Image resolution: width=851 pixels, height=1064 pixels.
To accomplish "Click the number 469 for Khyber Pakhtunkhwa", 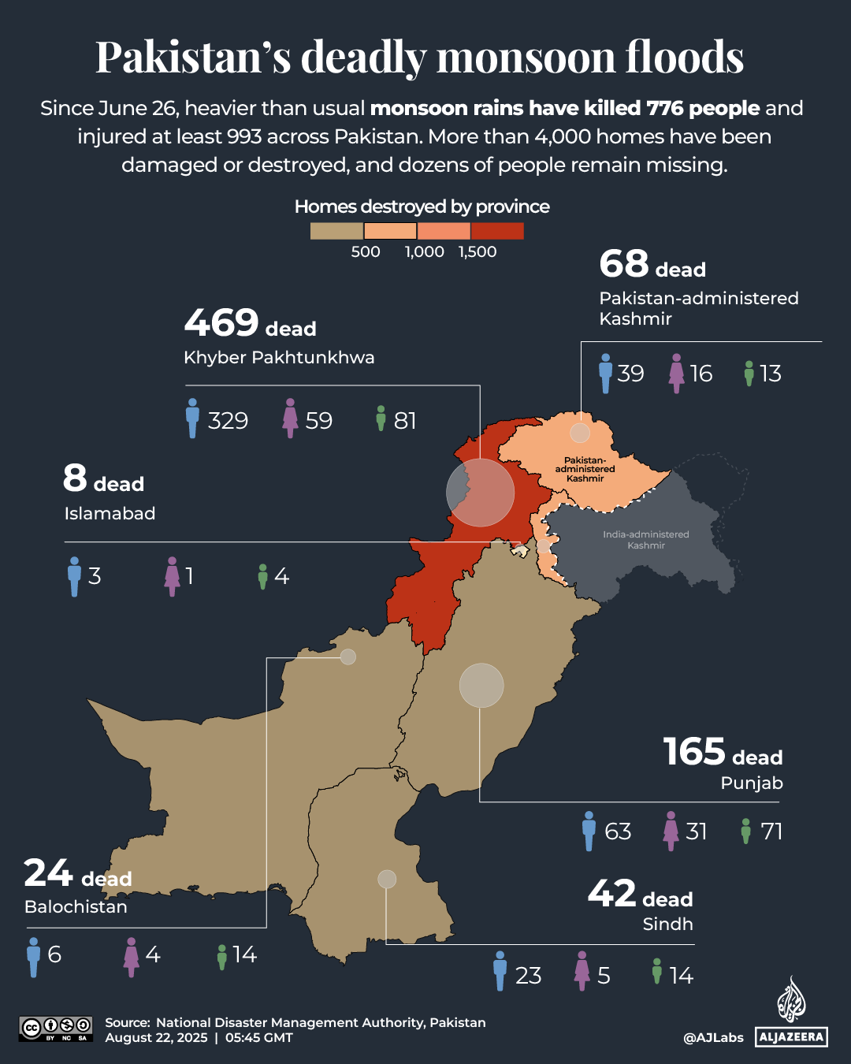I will click(221, 322).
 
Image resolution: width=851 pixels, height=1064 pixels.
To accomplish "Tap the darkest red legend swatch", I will click(497, 231).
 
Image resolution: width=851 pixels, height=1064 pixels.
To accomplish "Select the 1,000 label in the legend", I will click(424, 252).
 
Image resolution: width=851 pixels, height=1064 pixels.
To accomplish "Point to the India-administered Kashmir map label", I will click(646, 540).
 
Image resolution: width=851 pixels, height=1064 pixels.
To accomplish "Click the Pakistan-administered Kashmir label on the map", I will click(585, 469).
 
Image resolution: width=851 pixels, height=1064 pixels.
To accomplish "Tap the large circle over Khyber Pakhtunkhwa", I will click(480, 493).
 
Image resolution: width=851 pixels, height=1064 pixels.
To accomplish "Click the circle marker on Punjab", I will click(481, 685).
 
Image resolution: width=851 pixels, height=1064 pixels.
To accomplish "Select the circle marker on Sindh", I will click(387, 879).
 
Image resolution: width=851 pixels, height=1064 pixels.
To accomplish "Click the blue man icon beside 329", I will click(192, 419).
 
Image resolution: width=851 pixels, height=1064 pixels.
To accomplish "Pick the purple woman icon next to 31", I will click(671, 831).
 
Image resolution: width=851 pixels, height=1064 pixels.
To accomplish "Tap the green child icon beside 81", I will click(381, 419).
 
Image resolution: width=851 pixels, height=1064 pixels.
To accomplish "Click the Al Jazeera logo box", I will click(792, 1037).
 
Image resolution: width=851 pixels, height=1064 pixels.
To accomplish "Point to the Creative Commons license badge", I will click(56, 1029).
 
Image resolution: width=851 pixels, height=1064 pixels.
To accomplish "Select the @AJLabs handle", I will click(713, 1037).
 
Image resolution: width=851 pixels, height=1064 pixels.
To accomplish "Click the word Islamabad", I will click(110, 514).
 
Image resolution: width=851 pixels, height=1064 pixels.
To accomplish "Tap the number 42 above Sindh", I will click(611, 894).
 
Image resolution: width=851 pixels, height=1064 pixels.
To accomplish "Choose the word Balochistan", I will click(76, 907).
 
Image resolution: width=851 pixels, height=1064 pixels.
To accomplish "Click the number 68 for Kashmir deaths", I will click(623, 264).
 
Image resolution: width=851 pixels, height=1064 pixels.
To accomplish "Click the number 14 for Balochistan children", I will click(244, 955).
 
